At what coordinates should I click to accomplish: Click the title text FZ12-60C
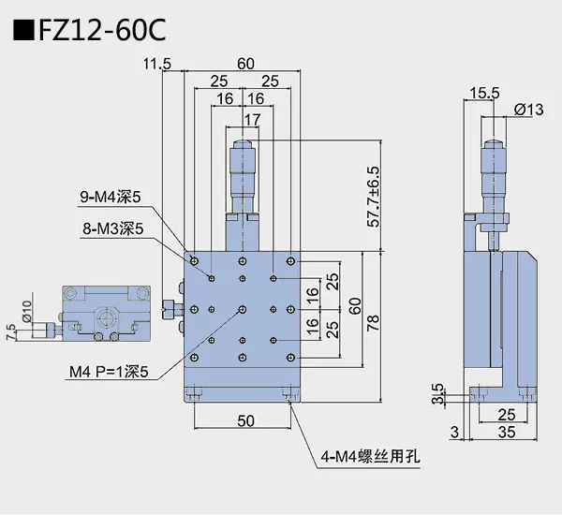click(102, 30)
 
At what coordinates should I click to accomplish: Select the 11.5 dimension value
click(157, 64)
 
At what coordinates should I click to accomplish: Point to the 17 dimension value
click(252, 119)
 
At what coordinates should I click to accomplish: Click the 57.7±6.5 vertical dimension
click(374, 198)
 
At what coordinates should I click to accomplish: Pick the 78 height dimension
click(374, 323)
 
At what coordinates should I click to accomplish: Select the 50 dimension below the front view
click(245, 422)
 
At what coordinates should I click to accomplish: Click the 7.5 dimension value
click(11, 331)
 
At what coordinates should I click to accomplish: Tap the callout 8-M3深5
click(111, 228)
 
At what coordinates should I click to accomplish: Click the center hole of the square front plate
click(243, 309)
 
